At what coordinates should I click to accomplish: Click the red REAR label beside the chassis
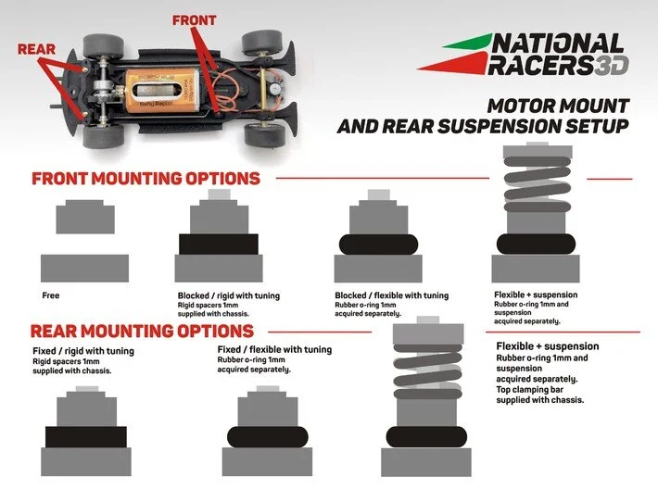coord(37,48)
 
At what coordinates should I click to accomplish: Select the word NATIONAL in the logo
coord(557,44)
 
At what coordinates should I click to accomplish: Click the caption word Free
coord(51,296)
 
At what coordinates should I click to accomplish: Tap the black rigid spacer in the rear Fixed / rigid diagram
coord(85,435)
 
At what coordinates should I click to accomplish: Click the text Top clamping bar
coord(529,390)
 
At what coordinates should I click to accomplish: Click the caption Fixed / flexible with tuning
coord(273,350)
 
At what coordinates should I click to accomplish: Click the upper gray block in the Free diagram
coord(84,219)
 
